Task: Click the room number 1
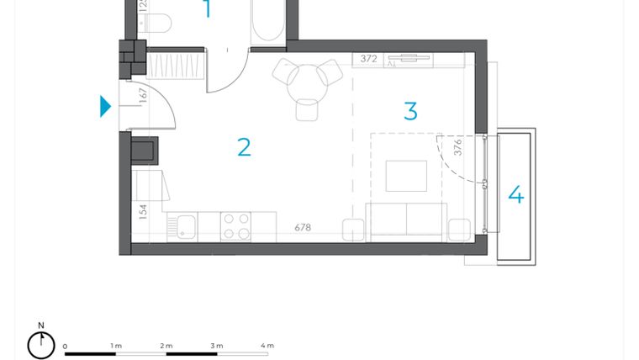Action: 207,9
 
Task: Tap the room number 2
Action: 244,147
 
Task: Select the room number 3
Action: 410,111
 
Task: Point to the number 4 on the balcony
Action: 515,195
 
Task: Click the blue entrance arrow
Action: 105,106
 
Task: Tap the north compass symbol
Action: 40,343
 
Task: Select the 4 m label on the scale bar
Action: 267,346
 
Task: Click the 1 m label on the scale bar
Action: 116,346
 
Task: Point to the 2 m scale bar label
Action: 166,346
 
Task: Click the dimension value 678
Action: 303,228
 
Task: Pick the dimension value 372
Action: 368,59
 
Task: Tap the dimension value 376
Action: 458,147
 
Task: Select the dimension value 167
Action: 143,95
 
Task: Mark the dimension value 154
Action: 143,211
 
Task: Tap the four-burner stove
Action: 235,225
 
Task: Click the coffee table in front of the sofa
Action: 406,176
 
